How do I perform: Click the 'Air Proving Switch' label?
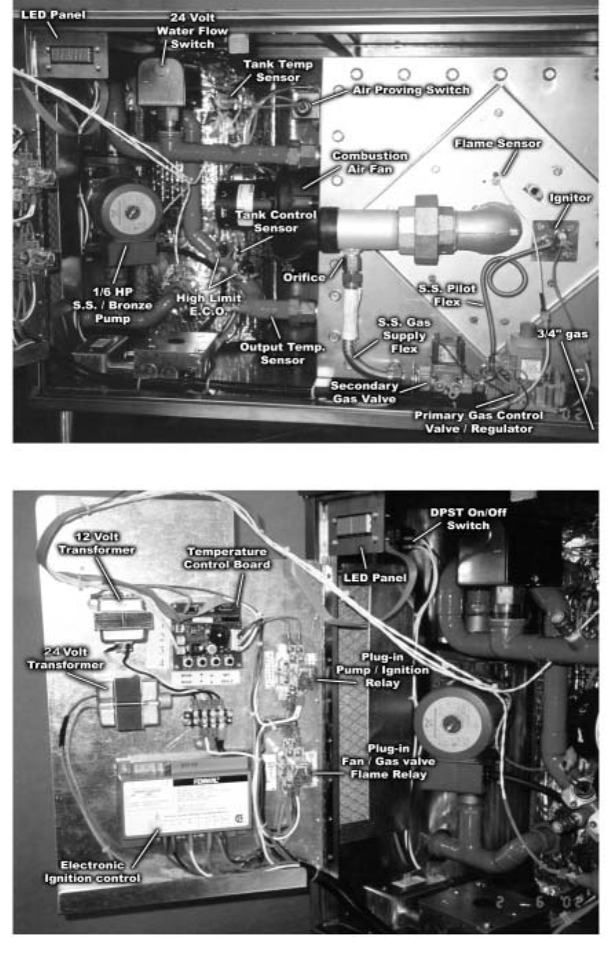click(411, 90)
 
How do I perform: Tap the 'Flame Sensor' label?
click(498, 143)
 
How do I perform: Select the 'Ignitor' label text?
click(570, 198)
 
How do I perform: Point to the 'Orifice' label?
click(304, 277)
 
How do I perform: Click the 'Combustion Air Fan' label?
click(370, 162)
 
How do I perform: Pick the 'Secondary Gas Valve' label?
click(364, 392)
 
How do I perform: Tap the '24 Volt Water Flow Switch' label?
click(192, 31)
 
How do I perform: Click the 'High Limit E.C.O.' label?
click(208, 305)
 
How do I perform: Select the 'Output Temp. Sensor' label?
click(283, 353)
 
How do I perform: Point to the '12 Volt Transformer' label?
click(96, 543)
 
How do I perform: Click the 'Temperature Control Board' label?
click(227, 558)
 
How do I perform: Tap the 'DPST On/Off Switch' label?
click(460, 519)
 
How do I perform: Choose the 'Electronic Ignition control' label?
click(92, 871)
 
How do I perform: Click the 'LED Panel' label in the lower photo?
click(375, 578)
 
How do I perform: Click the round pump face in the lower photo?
click(453, 722)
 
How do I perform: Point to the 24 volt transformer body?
click(127, 703)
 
